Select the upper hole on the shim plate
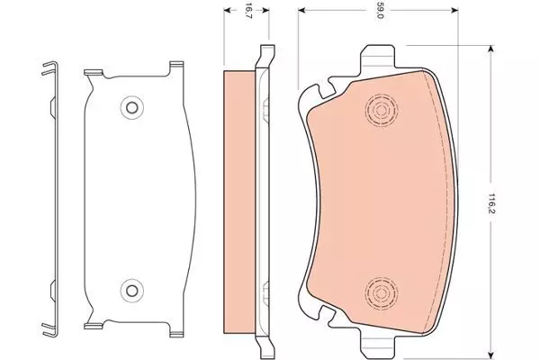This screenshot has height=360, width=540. point(131,108)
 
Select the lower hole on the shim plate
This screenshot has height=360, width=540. point(131,291)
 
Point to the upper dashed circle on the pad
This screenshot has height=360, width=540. point(381,111)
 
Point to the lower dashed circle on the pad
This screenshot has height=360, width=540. point(381,293)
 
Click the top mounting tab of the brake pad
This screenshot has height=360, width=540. point(377,58)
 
